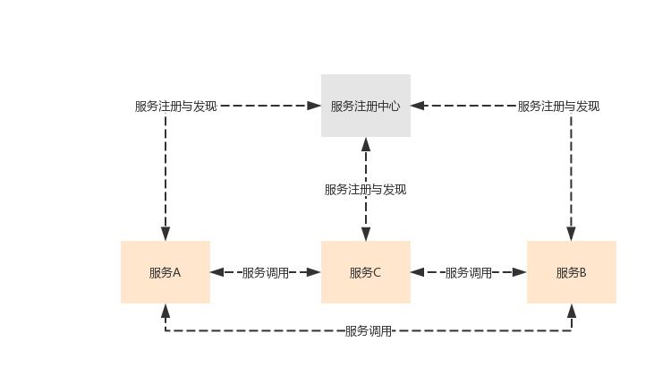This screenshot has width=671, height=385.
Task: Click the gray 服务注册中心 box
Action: coord(365,106)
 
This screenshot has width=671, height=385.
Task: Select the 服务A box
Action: coord(166,272)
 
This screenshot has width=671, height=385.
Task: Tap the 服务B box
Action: coord(571,272)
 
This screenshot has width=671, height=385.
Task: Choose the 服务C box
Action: coord(365,272)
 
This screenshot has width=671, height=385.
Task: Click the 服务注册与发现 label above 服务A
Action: coord(175,106)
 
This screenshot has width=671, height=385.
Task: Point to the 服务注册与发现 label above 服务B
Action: coord(558,106)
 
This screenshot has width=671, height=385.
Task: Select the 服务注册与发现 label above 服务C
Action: coord(365,190)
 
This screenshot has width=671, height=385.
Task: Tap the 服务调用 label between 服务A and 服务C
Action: coord(266,273)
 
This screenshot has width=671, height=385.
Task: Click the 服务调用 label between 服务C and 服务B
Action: coord(468,273)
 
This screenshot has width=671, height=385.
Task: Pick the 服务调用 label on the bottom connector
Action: coord(369,331)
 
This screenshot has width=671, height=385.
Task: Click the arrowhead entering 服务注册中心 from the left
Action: coord(314,106)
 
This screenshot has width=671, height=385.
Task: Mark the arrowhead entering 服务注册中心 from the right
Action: coord(418,106)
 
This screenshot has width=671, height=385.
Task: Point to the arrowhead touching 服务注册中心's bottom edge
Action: coord(365,144)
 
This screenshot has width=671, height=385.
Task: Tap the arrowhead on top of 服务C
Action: coord(365,234)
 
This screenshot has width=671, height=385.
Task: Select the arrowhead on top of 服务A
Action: coord(166,234)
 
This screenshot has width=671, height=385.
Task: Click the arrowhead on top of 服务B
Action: coord(571,234)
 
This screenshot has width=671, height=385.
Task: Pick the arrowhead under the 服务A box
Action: coord(166,311)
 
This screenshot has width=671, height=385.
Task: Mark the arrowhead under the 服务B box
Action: coord(571,311)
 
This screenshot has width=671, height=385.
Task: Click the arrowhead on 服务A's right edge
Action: coord(217,272)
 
